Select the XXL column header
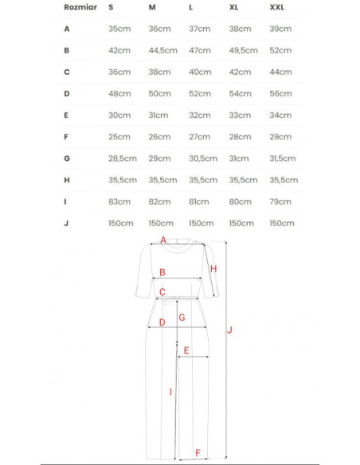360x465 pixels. coord(276,7)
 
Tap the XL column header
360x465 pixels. coord(234,7)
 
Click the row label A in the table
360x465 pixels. coord(67,29)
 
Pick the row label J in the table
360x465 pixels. coord(67,223)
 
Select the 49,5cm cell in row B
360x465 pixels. coord(243,50)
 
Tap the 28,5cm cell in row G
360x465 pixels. coord(123,158)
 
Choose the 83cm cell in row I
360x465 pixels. coord(119,201)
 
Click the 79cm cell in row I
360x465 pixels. coord(280,201)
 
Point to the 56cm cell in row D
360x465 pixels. coord(281,93)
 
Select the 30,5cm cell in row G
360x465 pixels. coord(203,158)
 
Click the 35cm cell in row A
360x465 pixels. coord(119,29)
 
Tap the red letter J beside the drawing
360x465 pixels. coord(229,330)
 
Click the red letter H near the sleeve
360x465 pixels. coord(213,269)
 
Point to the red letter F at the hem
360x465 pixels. coord(198,454)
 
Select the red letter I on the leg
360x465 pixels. coord(170,390)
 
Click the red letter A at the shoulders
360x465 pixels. coord(162,240)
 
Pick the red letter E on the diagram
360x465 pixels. coord(186,350)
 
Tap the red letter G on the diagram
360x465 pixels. coord(182,317)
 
